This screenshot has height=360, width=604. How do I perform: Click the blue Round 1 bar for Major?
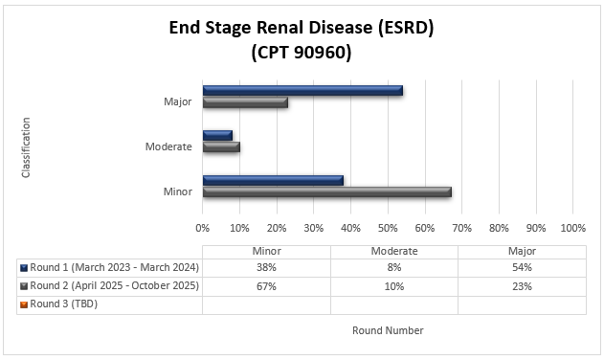point(302,91)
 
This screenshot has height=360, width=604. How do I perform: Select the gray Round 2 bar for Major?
point(245,102)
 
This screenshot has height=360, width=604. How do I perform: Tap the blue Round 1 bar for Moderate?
point(217,135)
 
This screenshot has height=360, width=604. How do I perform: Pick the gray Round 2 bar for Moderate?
point(221,146)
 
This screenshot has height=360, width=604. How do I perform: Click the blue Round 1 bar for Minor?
point(273,180)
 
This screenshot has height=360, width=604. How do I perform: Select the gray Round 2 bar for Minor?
point(326,191)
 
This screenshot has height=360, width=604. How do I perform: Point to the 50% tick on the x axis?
point(388,229)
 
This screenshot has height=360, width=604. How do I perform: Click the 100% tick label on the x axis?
point(572,229)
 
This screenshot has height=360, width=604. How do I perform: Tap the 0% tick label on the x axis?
point(203,229)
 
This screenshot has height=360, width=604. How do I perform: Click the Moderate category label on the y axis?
point(168,146)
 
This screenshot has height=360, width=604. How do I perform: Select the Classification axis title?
point(26,147)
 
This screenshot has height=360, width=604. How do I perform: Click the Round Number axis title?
point(388,330)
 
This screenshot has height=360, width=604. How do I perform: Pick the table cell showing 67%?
point(266,286)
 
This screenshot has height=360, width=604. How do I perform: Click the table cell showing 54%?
point(522,268)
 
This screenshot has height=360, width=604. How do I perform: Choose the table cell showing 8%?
point(393,268)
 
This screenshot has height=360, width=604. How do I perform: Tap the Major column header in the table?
point(522,251)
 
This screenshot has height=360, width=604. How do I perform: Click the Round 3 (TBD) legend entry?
point(63,304)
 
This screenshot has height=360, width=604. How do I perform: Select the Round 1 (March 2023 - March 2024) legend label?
point(113,268)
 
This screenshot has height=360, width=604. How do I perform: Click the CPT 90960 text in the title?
point(302,54)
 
